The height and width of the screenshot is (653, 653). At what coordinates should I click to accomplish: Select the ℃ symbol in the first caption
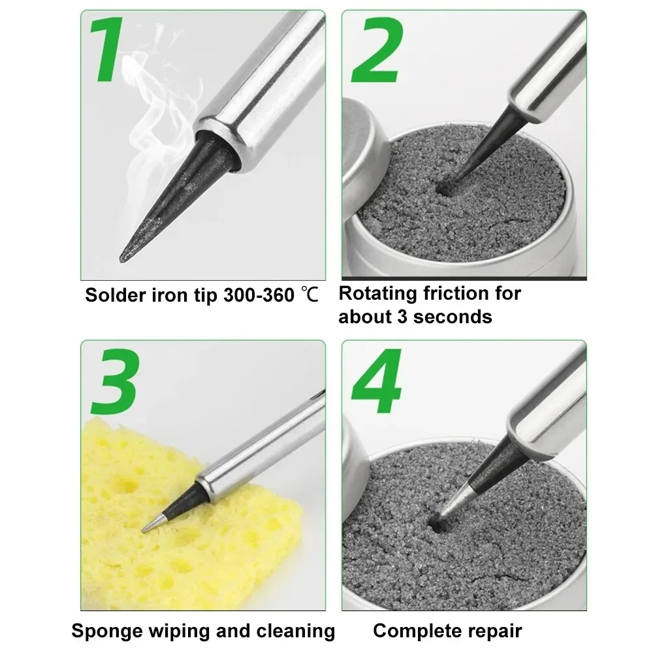point(310,295)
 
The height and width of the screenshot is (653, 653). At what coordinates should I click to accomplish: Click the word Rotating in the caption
point(379,293)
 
